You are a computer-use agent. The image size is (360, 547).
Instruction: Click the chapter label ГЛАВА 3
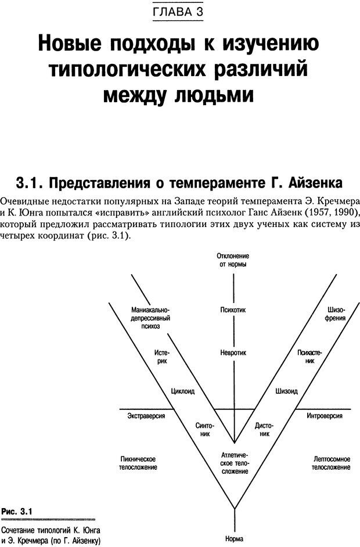(x=179, y=12)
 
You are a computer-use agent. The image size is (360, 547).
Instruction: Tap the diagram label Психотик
(x=233, y=310)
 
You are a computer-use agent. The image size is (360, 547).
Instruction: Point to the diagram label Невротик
(x=233, y=352)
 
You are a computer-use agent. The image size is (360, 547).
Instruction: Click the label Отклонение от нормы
(x=233, y=260)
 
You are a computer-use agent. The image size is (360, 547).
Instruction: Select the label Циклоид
(x=183, y=391)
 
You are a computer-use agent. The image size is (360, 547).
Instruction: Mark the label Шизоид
(x=286, y=391)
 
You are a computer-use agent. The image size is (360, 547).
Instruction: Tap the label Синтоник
(x=203, y=429)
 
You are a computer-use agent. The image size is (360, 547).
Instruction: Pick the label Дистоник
(x=264, y=429)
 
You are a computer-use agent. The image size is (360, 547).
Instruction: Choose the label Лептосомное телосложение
(x=330, y=462)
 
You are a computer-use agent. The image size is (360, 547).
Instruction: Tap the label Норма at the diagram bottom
(x=235, y=538)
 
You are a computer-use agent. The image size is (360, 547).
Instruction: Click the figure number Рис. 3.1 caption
(x=17, y=511)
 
